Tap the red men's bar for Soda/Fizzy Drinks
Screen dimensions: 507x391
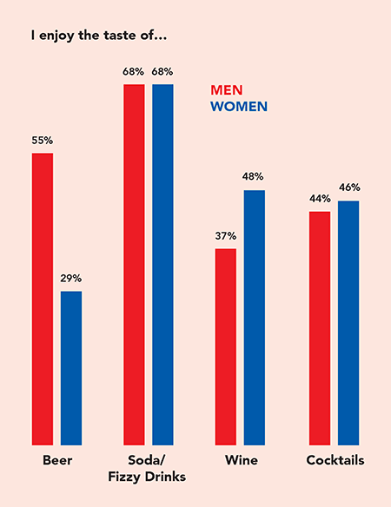134,264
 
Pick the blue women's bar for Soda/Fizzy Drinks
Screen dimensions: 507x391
162,264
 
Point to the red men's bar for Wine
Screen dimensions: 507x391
226,346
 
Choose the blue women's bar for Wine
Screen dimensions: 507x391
255,317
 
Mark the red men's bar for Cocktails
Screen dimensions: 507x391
320,327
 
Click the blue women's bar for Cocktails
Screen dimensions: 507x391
348,322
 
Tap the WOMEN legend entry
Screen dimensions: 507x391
239,106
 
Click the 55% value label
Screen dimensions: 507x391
43,139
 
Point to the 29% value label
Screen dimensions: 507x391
71,278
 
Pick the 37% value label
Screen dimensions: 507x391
226,235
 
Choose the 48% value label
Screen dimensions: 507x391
255,176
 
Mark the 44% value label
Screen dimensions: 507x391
320,198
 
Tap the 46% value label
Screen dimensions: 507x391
349,187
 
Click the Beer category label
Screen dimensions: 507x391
56,460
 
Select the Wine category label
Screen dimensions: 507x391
240,460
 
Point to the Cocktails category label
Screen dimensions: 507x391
335,460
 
